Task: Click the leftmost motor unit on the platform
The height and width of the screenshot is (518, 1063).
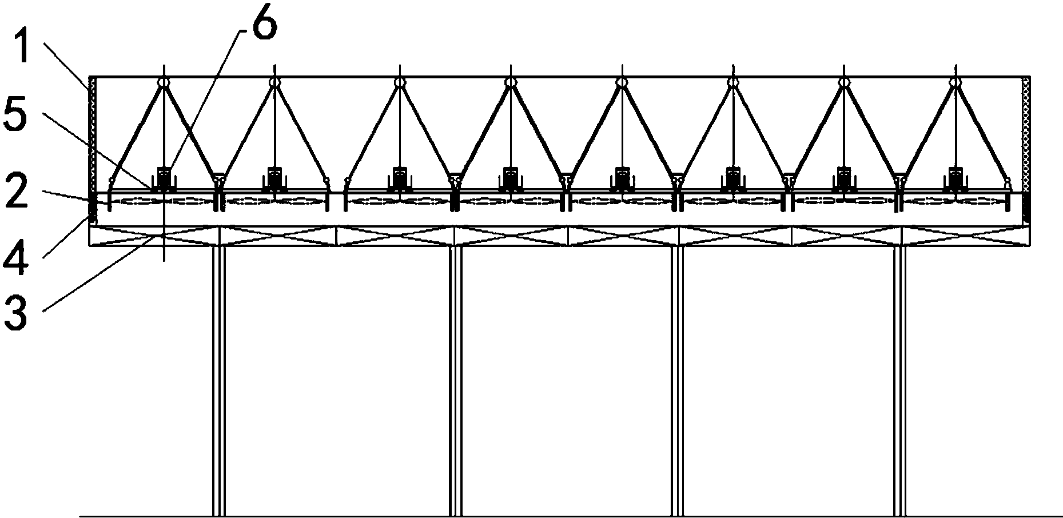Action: click(x=165, y=178)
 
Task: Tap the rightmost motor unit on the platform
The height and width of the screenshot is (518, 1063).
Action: click(x=954, y=178)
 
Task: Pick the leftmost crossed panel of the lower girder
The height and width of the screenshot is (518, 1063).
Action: click(x=155, y=236)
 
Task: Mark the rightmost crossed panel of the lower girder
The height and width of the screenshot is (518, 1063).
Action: click(x=966, y=236)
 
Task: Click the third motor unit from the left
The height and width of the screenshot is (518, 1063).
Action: click(x=400, y=178)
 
